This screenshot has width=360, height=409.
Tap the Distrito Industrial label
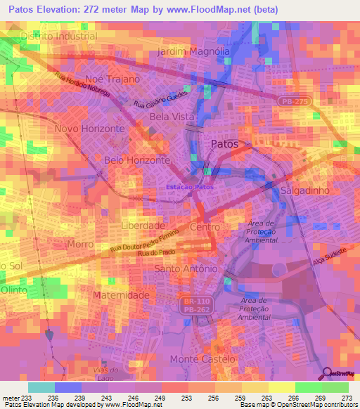(59, 36)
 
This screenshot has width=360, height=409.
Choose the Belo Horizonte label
(137, 160)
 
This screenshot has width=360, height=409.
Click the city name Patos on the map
(225, 144)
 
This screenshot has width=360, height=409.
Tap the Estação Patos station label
(189, 187)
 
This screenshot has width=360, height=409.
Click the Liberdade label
(143, 226)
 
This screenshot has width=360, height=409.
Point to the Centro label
(205, 227)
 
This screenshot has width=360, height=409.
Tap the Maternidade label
(121, 295)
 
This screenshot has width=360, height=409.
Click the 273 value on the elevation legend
(347, 398)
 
